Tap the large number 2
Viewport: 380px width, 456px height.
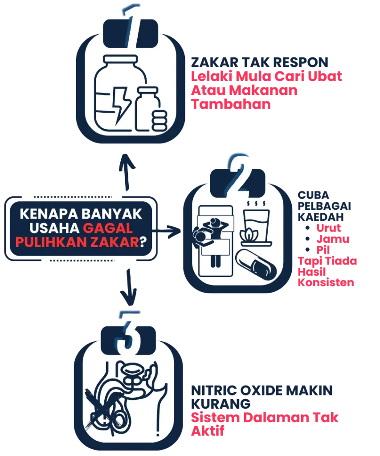(241, 172)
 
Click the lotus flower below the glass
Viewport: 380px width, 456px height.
(249, 235)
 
